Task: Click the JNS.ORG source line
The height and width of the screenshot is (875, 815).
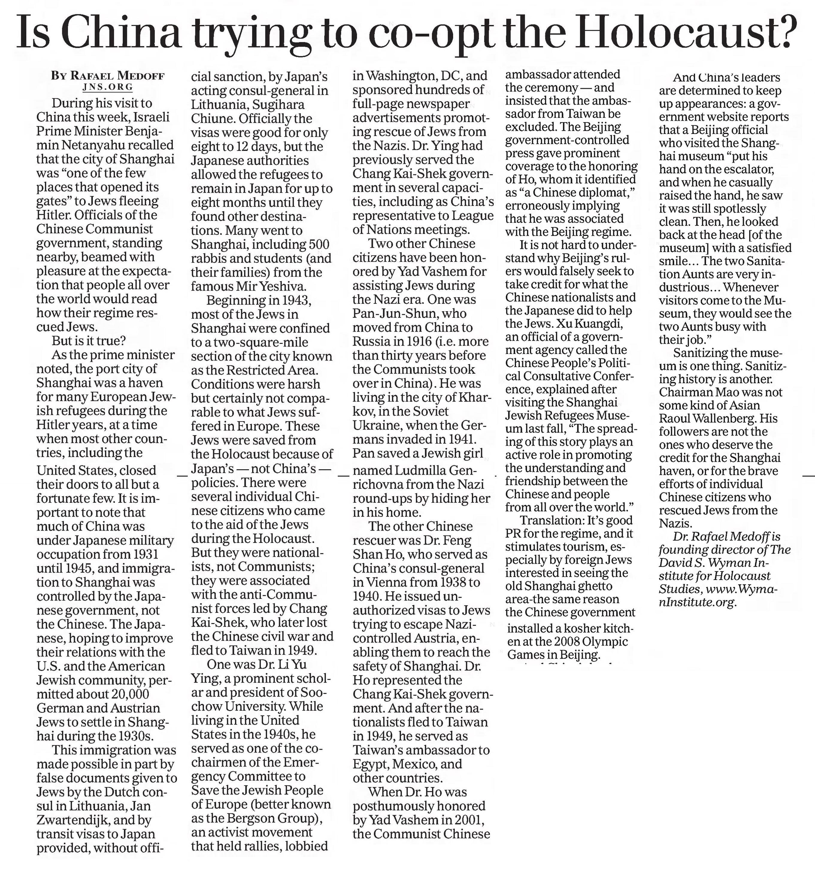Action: coord(107,87)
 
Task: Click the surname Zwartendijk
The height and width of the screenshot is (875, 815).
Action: coord(75,820)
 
